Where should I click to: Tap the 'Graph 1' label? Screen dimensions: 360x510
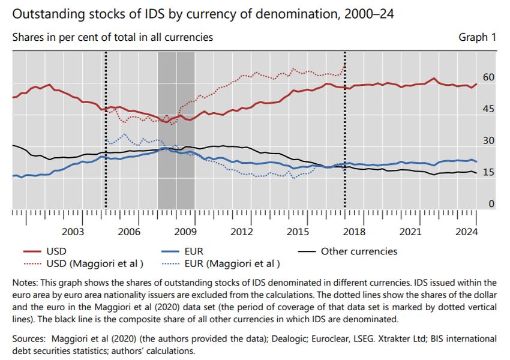[x=477, y=37]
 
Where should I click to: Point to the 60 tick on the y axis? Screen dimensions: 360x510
[x=488, y=77]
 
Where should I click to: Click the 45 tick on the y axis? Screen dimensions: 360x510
[x=488, y=109]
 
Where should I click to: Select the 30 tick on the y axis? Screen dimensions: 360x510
[x=488, y=141]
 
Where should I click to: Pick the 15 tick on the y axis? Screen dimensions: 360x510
[x=488, y=173]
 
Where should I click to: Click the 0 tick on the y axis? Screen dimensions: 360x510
[x=491, y=204]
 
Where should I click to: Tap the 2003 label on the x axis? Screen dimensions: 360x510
[x=73, y=232]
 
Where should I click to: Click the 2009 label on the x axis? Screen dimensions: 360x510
[x=185, y=232]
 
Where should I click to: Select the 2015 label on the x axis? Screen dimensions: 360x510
[x=298, y=232]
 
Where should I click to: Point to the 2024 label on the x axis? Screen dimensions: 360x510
[x=467, y=232]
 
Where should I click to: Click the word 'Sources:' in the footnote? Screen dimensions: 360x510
[x=30, y=339]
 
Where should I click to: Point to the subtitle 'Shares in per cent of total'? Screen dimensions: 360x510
[x=112, y=37]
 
